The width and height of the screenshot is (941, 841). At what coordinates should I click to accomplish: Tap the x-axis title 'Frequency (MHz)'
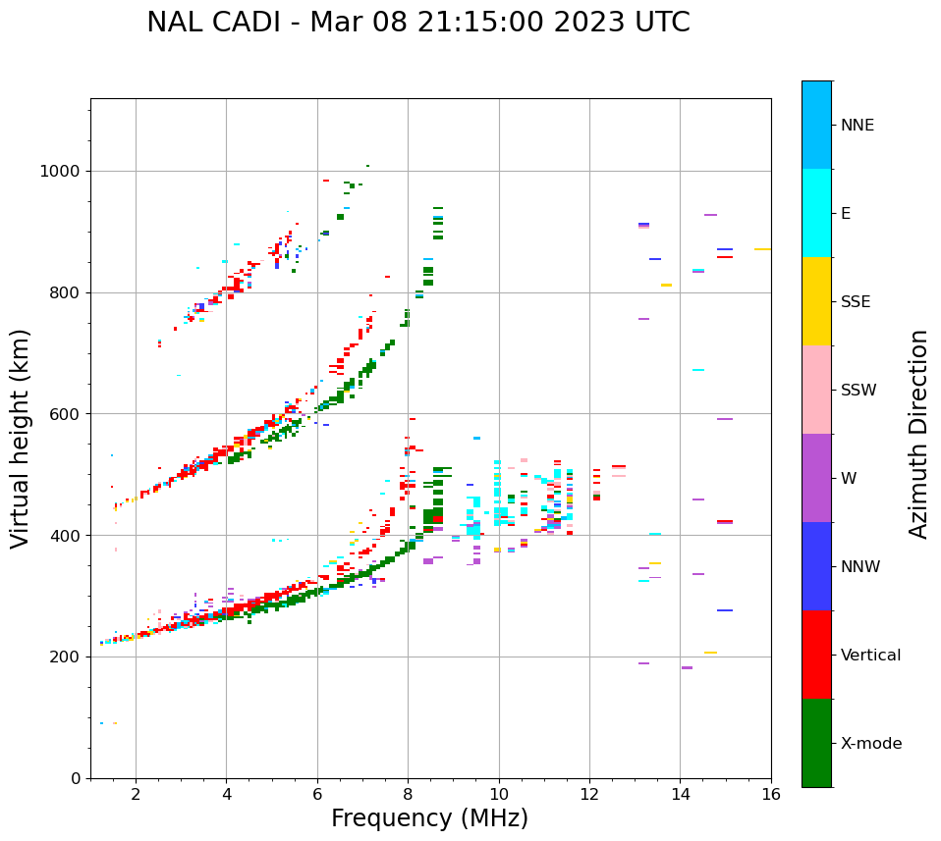point(429,818)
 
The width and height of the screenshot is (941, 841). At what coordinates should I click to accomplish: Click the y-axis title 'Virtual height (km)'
point(21,438)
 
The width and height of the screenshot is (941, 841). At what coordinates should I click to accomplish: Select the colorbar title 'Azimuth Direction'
point(918,434)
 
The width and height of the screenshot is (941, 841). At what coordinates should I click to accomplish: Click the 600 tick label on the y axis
point(63,414)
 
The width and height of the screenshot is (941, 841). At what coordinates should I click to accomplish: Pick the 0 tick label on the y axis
point(76,778)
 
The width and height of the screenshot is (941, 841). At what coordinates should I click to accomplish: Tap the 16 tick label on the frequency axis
point(771,794)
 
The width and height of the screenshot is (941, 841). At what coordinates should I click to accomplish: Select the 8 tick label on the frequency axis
point(408,794)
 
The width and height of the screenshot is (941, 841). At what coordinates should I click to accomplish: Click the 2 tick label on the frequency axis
point(136,794)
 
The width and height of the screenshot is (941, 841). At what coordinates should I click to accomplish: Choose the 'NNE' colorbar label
point(857,126)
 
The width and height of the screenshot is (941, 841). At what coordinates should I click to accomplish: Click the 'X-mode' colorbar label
point(870,744)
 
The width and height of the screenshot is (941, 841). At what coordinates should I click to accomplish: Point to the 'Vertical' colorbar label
point(870,656)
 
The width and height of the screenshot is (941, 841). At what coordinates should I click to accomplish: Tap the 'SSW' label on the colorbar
point(858,391)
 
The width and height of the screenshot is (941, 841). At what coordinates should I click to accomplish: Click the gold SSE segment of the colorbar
point(816,301)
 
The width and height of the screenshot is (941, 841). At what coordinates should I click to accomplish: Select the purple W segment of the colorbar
point(816,478)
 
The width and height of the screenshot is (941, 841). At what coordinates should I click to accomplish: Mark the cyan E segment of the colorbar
point(816,213)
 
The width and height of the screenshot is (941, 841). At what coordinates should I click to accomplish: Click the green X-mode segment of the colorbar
point(816,743)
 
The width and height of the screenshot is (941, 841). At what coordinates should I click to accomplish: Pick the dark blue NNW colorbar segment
point(816,566)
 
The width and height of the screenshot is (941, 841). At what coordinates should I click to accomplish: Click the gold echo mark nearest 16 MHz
point(762,249)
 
